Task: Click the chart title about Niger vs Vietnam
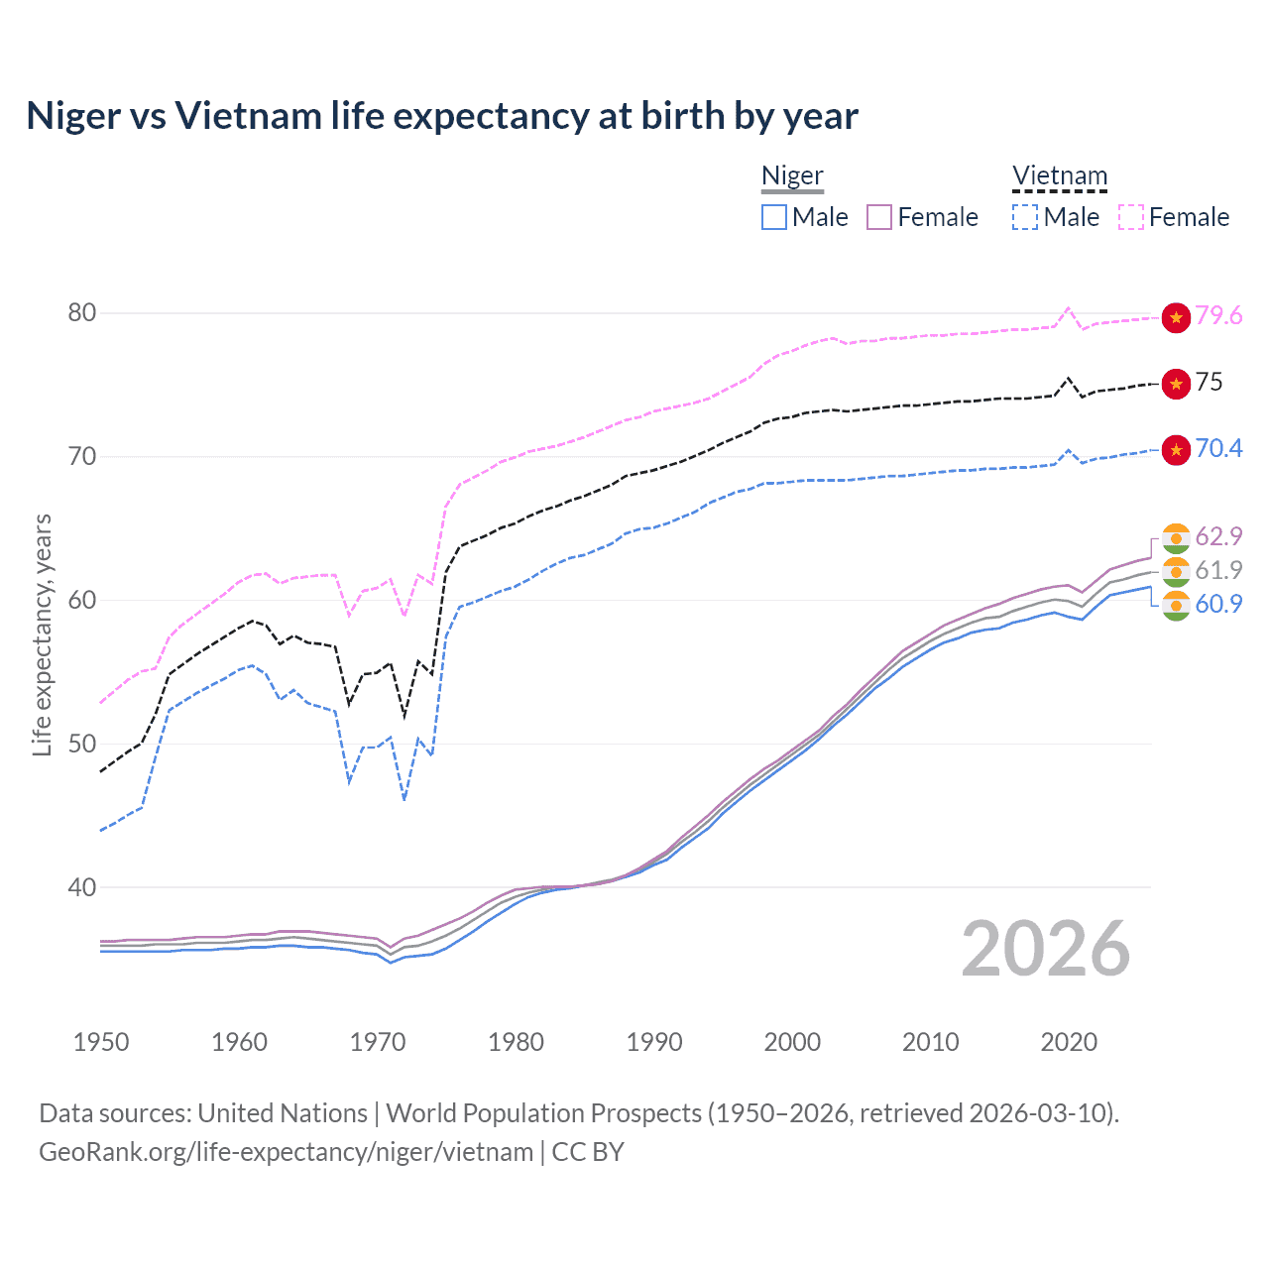442,116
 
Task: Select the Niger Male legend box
774,217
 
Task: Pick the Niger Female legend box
879,217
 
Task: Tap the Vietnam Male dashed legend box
1025,217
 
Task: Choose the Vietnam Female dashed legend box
1131,217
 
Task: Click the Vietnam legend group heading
1059,176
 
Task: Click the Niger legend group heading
792,176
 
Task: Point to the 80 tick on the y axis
82,313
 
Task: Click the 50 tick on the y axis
82,745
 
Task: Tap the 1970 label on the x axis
378,1042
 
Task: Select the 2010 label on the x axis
930,1042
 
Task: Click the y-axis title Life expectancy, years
42,634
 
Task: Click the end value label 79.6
1218,316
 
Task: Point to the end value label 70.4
1218,448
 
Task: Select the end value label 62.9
1218,536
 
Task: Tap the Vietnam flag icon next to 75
1176,384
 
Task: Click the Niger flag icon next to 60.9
1176,605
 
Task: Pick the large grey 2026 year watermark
1045,949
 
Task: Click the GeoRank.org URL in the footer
286,1152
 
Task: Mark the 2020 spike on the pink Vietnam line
1068,308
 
